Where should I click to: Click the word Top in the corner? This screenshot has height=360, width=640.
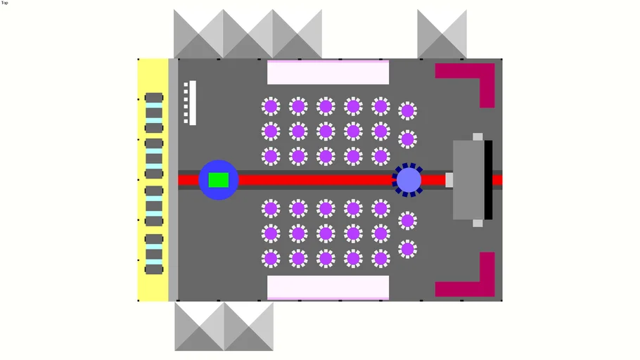5,3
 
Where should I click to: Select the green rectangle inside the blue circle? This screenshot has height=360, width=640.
218,180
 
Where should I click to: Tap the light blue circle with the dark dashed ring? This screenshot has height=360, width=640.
409,180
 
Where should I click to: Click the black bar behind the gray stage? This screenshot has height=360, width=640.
488,179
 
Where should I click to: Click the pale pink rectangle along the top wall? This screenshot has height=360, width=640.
328,72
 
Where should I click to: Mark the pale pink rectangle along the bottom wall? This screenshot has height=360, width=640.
328,287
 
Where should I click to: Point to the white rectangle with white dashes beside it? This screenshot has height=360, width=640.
192,103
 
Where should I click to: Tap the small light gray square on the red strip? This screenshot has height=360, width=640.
449,180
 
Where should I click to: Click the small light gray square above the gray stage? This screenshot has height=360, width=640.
478,136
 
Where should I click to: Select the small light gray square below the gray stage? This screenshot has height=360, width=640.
478,223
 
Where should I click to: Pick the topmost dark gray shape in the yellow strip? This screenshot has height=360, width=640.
154,98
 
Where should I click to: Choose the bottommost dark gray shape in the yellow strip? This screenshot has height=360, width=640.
154,269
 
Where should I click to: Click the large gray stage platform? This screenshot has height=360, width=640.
468,179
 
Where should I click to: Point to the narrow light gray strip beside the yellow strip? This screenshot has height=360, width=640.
173,180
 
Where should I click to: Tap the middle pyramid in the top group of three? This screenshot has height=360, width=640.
248,34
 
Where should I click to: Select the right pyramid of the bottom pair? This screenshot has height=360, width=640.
248,326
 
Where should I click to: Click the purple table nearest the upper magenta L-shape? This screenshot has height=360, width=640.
407,110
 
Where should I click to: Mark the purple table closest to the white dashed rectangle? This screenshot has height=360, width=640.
271,106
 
